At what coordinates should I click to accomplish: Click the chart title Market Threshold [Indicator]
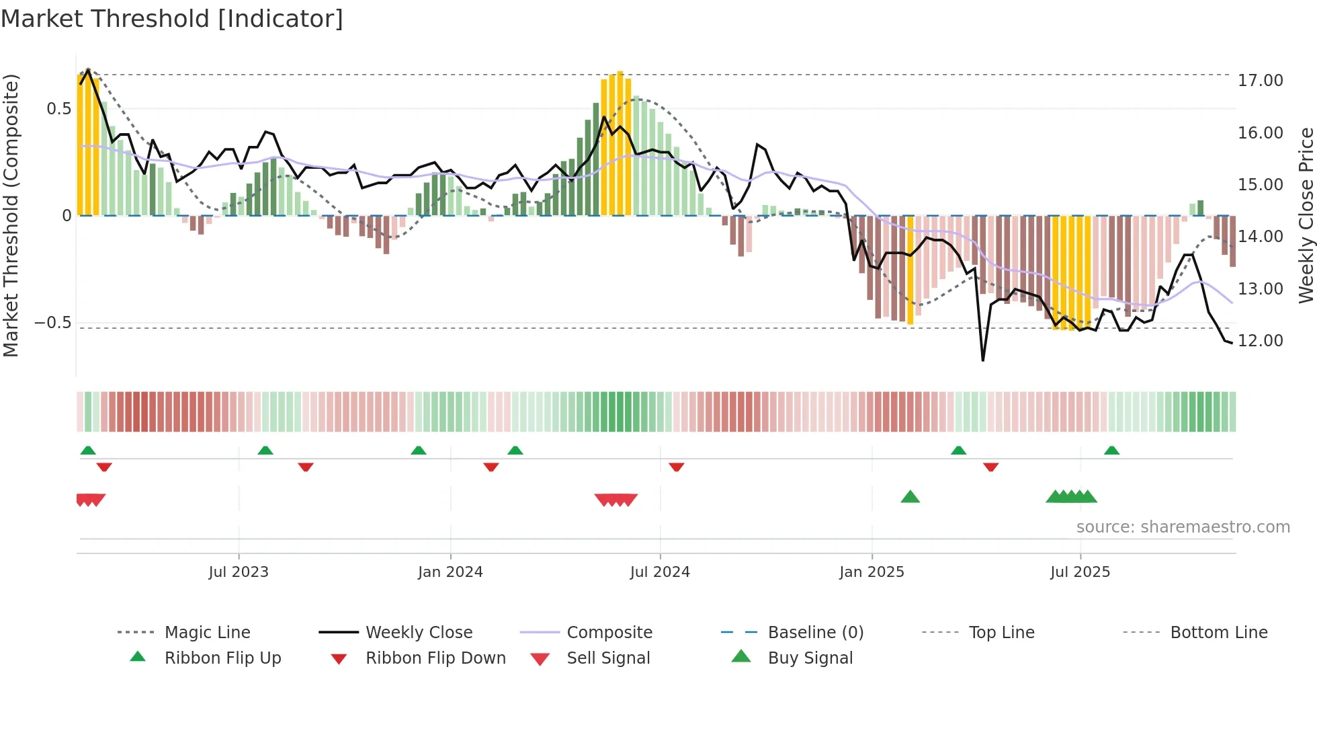point(172,19)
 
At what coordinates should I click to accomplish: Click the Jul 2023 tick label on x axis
point(239,572)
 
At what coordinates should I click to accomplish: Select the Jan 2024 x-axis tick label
point(450,572)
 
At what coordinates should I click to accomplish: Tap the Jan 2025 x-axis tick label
point(872,572)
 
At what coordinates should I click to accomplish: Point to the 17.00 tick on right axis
point(1260,81)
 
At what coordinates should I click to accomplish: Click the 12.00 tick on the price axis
point(1260,341)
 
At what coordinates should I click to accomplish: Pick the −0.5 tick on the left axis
point(53,323)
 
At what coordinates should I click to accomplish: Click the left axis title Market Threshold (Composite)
point(11,215)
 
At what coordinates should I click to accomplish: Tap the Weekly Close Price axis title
point(1306,215)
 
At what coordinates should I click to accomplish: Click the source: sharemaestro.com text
point(1183,527)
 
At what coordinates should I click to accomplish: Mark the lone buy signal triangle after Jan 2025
point(910,497)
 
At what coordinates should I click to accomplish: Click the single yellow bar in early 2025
point(910,269)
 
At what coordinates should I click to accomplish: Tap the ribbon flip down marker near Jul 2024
point(677,467)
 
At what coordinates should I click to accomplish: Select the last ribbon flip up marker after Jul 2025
point(1111,451)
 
